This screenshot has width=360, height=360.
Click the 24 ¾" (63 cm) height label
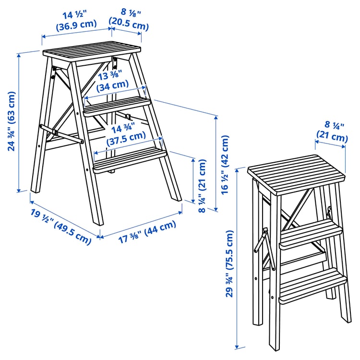pos(12,121)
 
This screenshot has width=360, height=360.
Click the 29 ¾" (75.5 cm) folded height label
pos(230,264)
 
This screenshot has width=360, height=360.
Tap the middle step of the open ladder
pos(117,105)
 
